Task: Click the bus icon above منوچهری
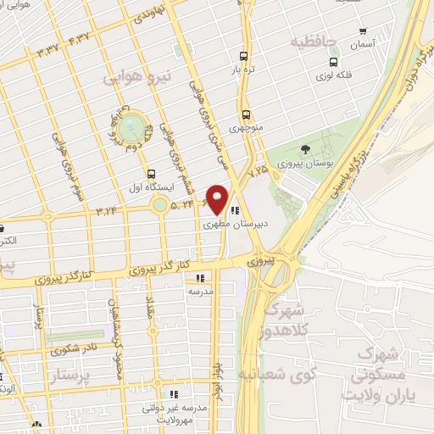click(246, 114)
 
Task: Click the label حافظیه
click(314, 41)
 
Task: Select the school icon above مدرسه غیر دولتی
click(175, 394)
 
